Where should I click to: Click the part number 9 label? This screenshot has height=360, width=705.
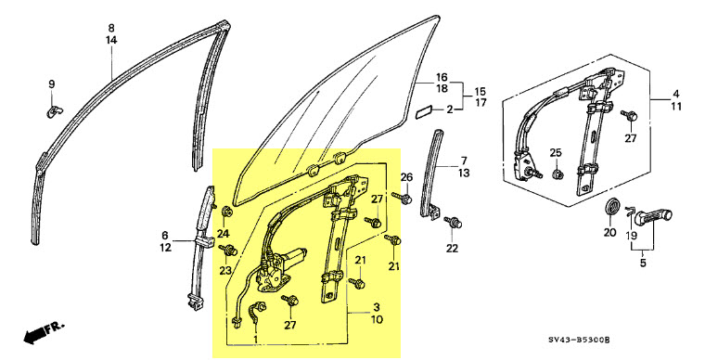(x=52, y=84)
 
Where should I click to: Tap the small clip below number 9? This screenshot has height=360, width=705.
(x=55, y=110)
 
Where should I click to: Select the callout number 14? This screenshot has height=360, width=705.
(x=111, y=40)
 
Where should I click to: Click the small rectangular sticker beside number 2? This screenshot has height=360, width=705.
(x=424, y=112)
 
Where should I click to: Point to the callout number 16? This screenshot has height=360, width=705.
(x=442, y=77)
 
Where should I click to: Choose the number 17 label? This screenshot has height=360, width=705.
(x=481, y=103)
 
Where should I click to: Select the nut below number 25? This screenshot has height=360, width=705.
(x=557, y=174)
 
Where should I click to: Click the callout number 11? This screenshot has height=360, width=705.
(x=676, y=107)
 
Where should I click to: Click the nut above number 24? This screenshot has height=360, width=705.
(x=227, y=211)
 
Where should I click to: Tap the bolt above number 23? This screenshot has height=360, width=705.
(x=228, y=250)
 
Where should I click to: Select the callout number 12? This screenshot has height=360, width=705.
(x=165, y=247)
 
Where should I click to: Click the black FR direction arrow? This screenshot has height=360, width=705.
(x=45, y=331)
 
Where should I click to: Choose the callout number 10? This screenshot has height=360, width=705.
(x=377, y=320)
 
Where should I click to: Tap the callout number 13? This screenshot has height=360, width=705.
(x=464, y=173)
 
